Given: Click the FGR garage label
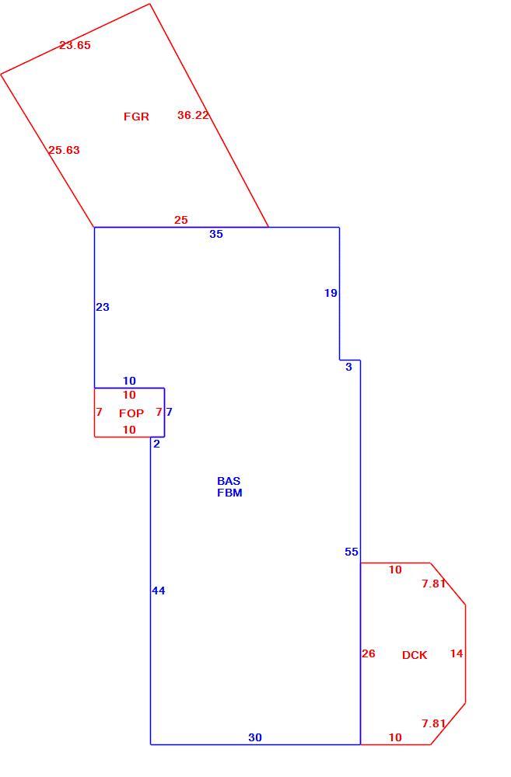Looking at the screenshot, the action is click(x=136, y=117).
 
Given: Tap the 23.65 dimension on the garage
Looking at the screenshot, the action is click(x=75, y=45).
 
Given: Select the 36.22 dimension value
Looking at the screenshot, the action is click(x=193, y=115).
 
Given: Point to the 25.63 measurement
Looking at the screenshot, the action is click(x=64, y=150).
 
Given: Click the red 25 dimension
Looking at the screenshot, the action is click(x=181, y=220).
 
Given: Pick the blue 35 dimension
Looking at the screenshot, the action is click(x=216, y=234).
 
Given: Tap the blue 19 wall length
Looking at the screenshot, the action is click(x=331, y=293).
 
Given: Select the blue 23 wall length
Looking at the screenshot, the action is click(x=103, y=307).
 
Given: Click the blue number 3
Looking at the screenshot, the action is click(x=348, y=367).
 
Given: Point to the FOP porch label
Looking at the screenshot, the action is click(x=131, y=413).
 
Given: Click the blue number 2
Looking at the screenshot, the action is click(x=157, y=444).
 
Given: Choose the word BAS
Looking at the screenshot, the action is click(x=229, y=481).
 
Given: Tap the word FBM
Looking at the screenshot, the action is click(x=229, y=493).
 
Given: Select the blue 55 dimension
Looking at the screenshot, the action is click(x=352, y=552).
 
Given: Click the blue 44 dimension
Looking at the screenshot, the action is click(x=159, y=591).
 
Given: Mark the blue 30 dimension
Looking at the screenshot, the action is click(x=255, y=737).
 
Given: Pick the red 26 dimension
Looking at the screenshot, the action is click(x=369, y=653).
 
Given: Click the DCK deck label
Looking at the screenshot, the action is click(x=415, y=655).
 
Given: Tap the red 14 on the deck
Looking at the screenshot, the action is click(x=457, y=653).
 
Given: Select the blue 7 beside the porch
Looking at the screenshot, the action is click(x=170, y=412).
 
